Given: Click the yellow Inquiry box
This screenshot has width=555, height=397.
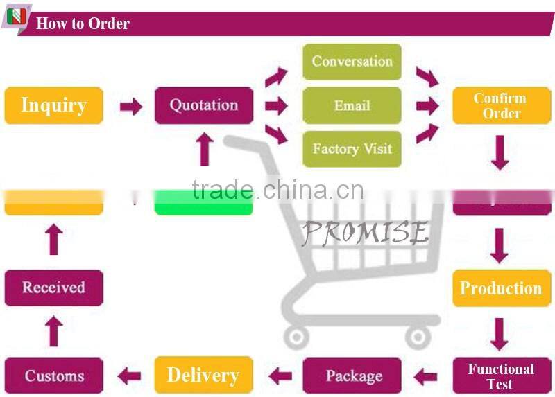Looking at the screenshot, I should click(53, 105).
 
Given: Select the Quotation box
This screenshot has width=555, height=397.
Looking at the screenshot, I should click(203, 105).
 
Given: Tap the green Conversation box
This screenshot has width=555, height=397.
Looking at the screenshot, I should click(352, 62).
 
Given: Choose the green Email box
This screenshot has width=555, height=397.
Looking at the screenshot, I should click(352, 105).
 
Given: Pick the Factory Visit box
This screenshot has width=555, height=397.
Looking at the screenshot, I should click(352, 149).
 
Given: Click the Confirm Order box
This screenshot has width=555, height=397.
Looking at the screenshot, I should click(502, 105).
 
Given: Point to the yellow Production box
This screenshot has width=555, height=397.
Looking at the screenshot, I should click(501, 288).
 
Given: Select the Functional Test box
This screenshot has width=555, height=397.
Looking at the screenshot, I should click(501, 376).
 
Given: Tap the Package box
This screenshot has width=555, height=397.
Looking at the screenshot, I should click(353, 376).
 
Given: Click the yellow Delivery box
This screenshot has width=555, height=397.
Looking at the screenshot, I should click(203, 376).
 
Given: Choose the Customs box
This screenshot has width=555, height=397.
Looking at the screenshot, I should click(53, 376).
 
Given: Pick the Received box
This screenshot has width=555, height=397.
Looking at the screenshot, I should click(53, 288).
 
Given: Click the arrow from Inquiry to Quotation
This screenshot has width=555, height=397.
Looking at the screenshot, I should click(130, 106).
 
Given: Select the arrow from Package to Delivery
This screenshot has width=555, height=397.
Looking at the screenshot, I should click(280, 376).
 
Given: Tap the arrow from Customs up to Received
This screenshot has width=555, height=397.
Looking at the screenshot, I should click(53, 331).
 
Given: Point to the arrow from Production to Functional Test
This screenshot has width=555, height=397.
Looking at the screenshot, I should click(499, 333).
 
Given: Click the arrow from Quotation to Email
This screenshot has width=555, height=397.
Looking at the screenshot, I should click(276, 106).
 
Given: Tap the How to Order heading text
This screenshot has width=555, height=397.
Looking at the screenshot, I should click(83, 24).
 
